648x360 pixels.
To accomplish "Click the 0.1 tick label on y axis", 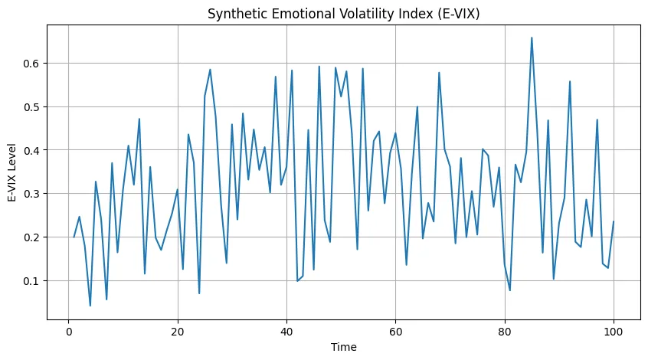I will pyautogui.click(x=32, y=281).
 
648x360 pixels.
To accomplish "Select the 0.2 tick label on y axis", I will pyautogui.click(x=32, y=237).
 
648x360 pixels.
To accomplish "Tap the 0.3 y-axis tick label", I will pyautogui.click(x=32, y=194).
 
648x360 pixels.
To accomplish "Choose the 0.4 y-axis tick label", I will pyautogui.click(x=32, y=150).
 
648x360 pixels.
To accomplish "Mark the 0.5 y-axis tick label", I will pyautogui.click(x=32, y=106).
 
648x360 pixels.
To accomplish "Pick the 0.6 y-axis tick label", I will pyautogui.click(x=32, y=63).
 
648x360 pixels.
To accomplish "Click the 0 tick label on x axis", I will pyautogui.click(x=69, y=331).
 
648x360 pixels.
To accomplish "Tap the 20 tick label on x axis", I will pyautogui.click(x=178, y=331).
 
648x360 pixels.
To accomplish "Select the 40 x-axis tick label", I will pyautogui.click(x=286, y=331).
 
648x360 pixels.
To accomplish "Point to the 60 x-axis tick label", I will pyautogui.click(x=395, y=331).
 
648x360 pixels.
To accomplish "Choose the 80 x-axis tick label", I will pyautogui.click(x=504, y=331).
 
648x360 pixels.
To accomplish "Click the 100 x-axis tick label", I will pyautogui.click(x=613, y=331).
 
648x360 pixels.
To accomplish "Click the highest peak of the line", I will pyautogui.click(x=532, y=38).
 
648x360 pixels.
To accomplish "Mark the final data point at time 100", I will pyautogui.click(x=614, y=221).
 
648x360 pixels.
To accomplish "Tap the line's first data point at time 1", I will pyautogui.click(x=74, y=237).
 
